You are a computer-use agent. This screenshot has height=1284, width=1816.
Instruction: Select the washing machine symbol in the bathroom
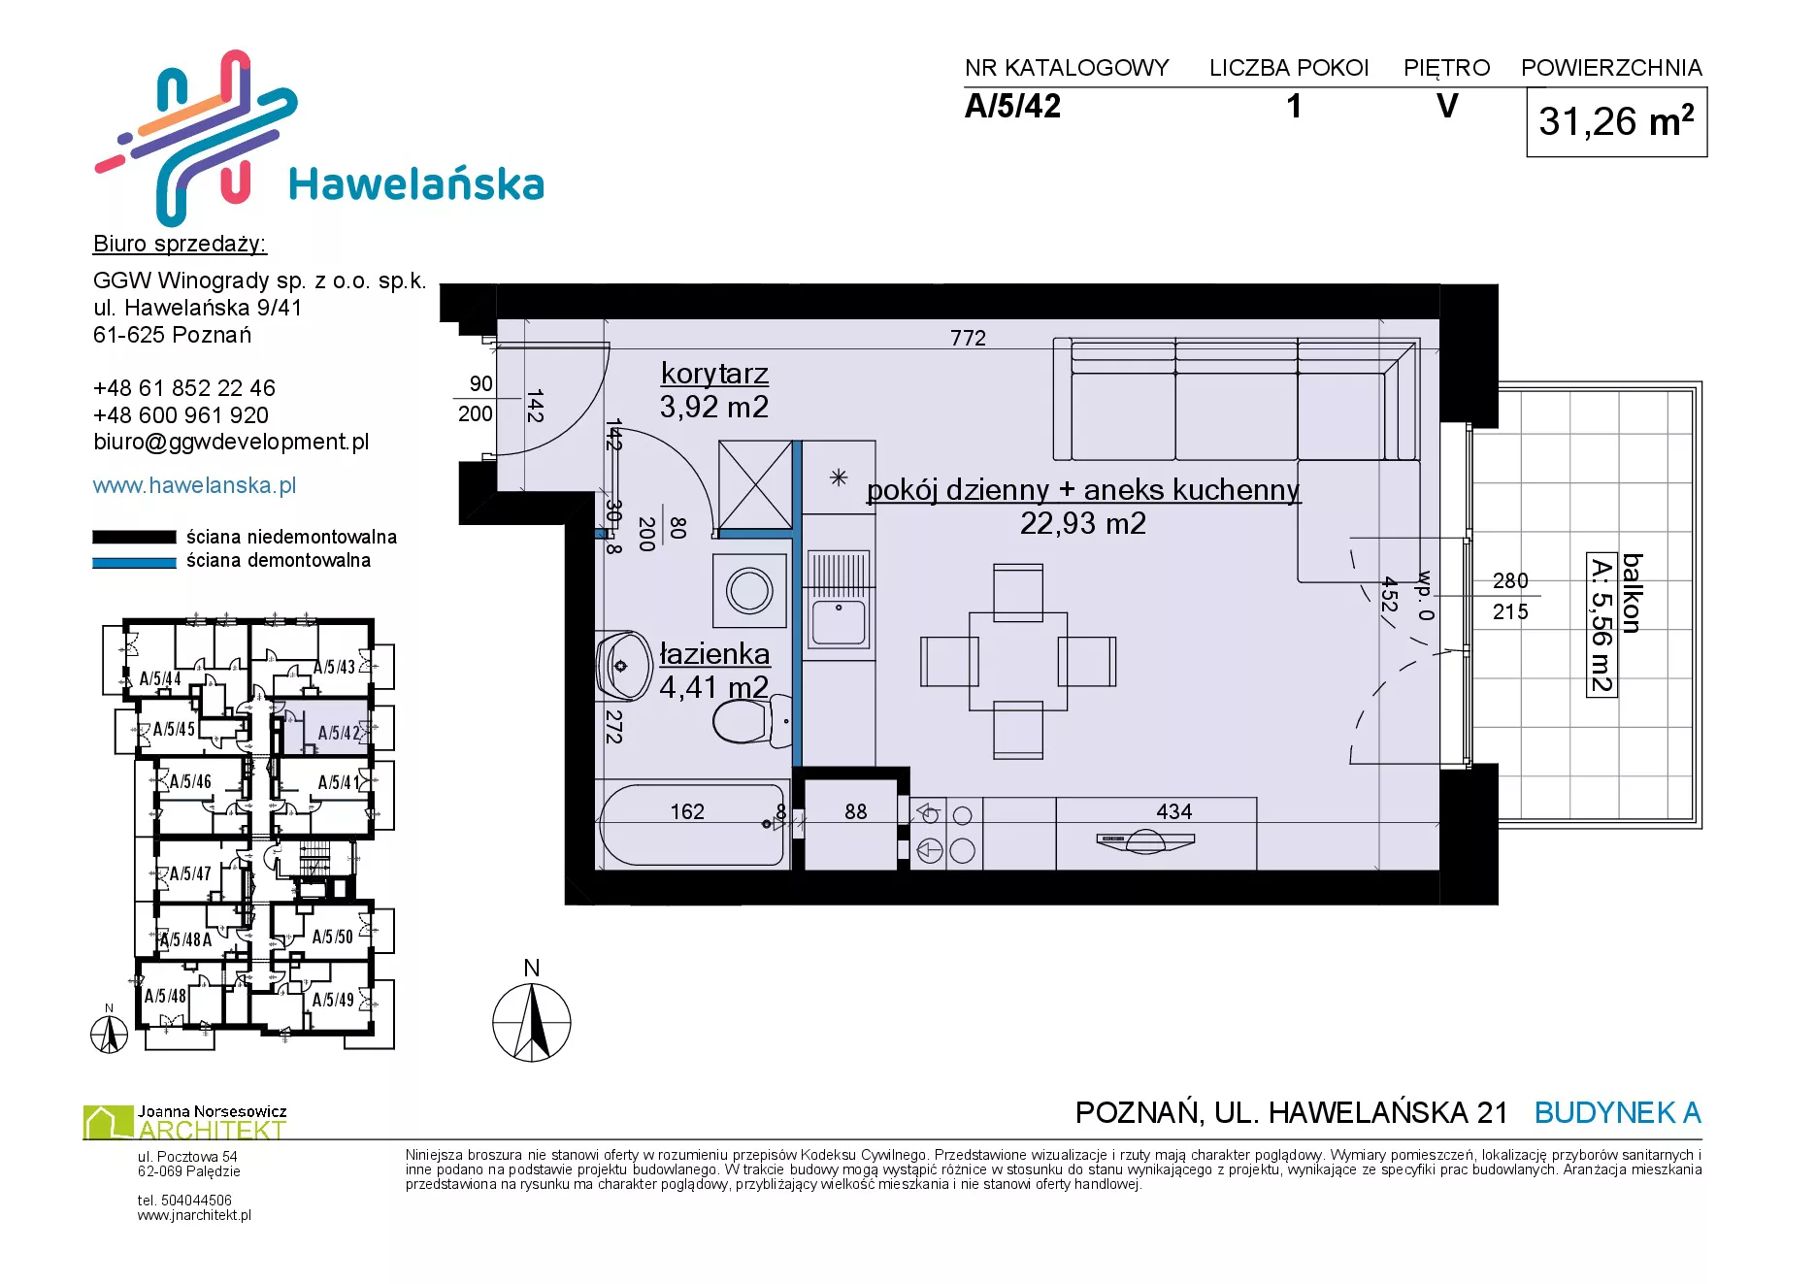coord(749,590)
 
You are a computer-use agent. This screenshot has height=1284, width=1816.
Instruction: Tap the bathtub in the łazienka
coord(693,825)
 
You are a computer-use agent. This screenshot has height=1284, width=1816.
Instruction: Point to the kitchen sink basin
coord(839,621)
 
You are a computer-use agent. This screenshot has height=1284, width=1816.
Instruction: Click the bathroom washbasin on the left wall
coord(623,667)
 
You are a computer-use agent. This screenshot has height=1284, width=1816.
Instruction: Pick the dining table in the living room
coord(1018,662)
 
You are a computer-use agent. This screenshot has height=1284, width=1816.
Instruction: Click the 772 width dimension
coord(968,338)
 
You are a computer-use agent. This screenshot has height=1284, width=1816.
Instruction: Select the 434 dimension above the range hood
coord(1173,811)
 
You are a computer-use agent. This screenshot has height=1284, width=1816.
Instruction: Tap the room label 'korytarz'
coord(714,374)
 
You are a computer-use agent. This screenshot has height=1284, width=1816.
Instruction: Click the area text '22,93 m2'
coord(1082,524)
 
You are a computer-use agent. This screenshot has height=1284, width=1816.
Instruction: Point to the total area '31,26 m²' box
coord(1616,122)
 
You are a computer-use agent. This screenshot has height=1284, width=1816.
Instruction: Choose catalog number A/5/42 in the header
coord(1012,106)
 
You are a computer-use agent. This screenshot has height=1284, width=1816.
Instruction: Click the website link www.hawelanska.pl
coord(194,485)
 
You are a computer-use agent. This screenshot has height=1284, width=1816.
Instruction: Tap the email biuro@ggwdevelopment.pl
coord(231,443)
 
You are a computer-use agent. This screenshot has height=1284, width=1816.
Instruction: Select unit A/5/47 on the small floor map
coord(190,873)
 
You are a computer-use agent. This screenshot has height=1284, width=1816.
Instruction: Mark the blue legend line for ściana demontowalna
coord(134,562)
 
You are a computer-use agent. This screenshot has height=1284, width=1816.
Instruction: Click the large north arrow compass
coord(532,1022)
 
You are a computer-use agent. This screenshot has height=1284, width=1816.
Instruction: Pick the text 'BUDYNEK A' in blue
coord(1617,1112)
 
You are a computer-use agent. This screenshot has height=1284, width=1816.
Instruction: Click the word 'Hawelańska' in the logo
coord(416,184)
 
